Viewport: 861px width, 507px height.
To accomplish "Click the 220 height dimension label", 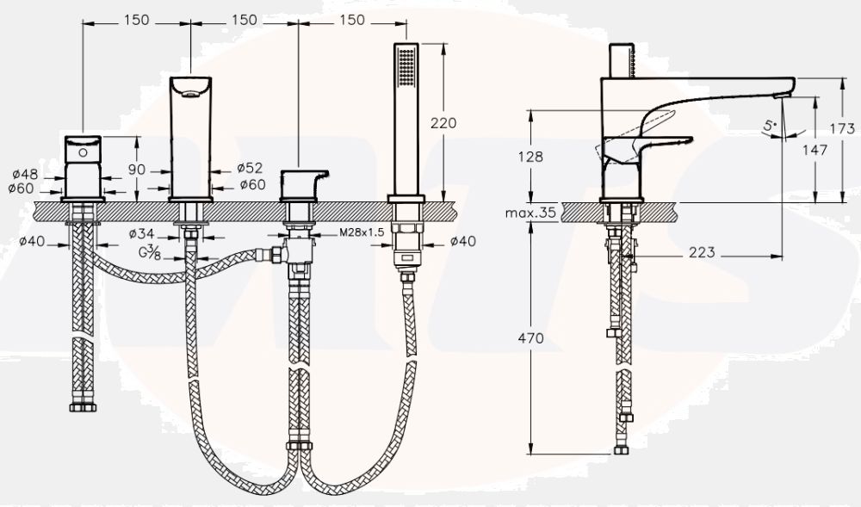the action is coord(443,123).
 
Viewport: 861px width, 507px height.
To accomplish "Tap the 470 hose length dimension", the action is coord(530,338).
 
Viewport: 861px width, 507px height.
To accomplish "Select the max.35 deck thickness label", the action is coord(530,213).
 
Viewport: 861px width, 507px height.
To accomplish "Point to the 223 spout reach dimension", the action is coord(702,252).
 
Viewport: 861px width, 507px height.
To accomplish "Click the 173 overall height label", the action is coord(842,128).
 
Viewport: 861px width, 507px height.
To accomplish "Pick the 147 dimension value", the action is coord(815,149).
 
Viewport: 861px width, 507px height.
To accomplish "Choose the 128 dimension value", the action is coord(530,157).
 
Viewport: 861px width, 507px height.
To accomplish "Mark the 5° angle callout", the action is coord(770,127).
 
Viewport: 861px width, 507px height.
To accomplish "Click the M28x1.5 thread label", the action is coord(362,232).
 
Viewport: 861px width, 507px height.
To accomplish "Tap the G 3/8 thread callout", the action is coord(149,252).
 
